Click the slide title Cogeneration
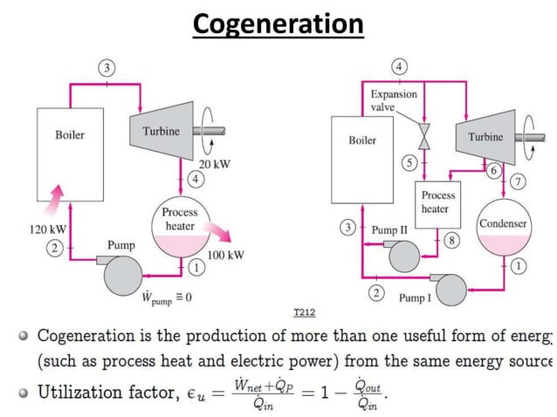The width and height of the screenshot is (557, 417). [278, 24]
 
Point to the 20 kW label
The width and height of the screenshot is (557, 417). [214, 165]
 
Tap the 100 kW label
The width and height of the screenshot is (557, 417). [225, 256]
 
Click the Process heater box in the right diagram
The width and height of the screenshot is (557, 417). [435, 204]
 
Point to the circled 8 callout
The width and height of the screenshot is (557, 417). [450, 239]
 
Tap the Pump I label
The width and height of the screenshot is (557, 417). [415, 297]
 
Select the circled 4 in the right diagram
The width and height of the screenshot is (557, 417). [399, 67]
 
